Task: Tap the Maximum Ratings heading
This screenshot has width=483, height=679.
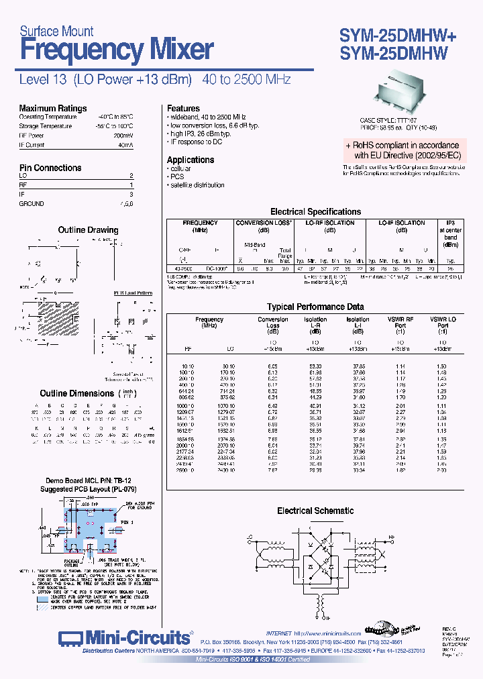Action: [x=53, y=108]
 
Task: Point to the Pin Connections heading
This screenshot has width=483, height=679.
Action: [x=50, y=168]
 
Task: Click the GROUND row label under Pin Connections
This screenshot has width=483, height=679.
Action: [x=32, y=203]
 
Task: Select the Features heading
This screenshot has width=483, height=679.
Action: [x=183, y=108]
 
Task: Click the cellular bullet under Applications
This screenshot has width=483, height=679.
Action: [x=180, y=169]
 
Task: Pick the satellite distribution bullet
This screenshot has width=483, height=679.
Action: [x=197, y=185]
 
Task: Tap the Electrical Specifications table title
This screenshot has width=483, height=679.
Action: [x=315, y=211]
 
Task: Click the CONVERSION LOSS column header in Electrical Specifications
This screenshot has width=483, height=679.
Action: [x=264, y=223]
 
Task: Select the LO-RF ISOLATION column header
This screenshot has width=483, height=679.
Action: [x=329, y=223]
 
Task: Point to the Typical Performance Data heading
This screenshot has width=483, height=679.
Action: [x=315, y=306]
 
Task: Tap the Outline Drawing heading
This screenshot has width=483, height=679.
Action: [x=88, y=230]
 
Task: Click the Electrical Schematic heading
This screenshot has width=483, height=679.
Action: [x=315, y=511]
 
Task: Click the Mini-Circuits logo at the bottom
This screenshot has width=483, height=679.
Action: [x=124, y=637]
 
